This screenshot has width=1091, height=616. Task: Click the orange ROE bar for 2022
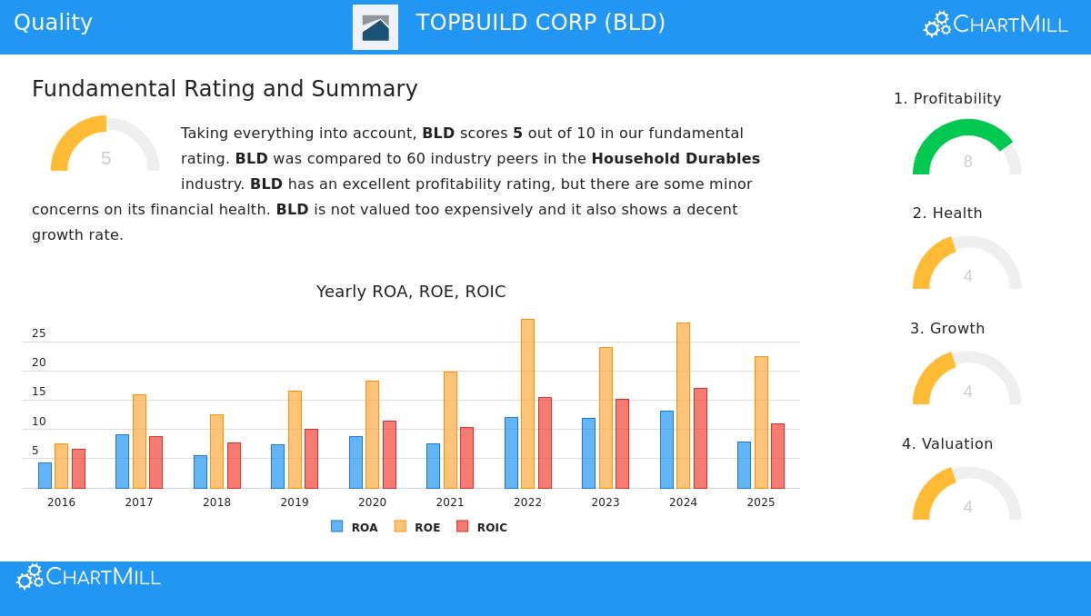[527, 403]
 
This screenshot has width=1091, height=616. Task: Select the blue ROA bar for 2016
[45, 475]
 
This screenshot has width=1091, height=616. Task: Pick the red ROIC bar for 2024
[700, 438]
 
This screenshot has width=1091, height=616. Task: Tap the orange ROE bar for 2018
[216, 452]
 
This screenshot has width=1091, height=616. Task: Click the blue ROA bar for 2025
[744, 465]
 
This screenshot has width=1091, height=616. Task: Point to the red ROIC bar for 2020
[389, 454]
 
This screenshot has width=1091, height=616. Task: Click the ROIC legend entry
[482, 527]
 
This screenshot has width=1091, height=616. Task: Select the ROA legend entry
[355, 527]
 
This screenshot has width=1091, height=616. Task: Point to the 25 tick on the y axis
[39, 333]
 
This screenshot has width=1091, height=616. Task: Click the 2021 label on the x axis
[450, 502]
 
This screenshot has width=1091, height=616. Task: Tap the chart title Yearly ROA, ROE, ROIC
[411, 292]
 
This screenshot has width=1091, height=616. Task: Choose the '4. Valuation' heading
[947, 444]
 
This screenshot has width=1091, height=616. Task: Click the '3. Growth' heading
[947, 329]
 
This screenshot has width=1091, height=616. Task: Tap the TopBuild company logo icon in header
[375, 27]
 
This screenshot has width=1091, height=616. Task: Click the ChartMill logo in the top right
[996, 25]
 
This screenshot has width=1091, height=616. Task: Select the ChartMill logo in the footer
[88, 577]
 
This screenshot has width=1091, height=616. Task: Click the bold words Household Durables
[676, 159]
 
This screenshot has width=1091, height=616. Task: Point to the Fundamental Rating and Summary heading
[225, 89]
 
